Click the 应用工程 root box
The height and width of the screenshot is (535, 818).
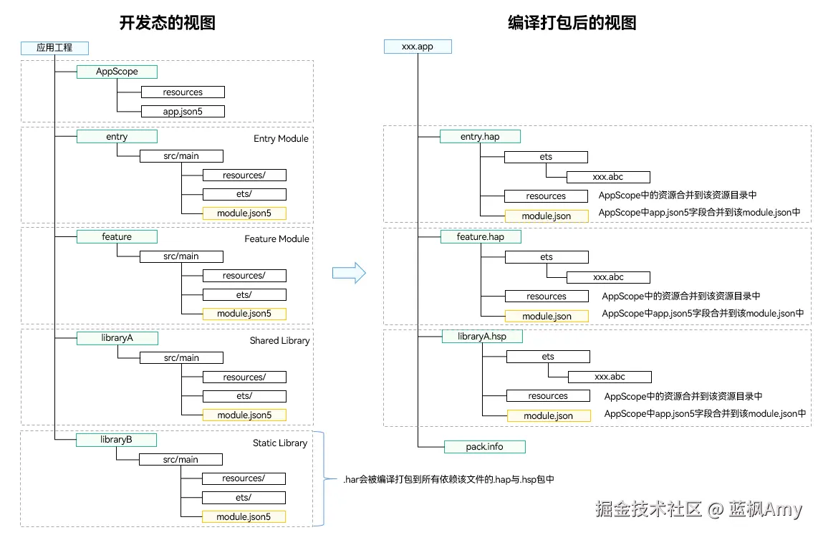[54, 48]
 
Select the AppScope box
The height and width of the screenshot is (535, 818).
[117, 72]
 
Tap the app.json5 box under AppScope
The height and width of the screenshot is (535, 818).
[183, 111]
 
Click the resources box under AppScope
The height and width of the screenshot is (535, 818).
[183, 92]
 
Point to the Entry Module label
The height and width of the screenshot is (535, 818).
[281, 138]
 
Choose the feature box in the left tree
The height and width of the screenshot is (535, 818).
[117, 236]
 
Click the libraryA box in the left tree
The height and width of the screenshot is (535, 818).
[117, 338]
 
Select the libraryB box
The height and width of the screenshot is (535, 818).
[116, 440]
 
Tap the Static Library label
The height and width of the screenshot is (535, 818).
[279, 443]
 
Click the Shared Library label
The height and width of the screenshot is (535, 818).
[279, 340]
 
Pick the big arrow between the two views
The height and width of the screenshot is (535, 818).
[349, 272]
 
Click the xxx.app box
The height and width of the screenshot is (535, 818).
[418, 47]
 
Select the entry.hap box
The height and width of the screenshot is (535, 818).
[480, 136]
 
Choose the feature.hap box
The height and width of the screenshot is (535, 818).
[480, 236]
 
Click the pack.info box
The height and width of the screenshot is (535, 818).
[485, 446]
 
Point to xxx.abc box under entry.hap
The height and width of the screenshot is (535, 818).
[608, 177]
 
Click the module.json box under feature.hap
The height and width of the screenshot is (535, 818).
[547, 316]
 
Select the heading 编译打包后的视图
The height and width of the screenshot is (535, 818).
[572, 23]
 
